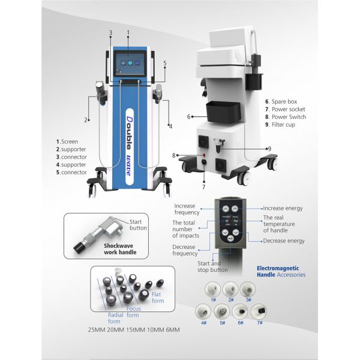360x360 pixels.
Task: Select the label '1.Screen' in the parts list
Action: coord(69,142)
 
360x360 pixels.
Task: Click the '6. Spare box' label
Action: coord(284,101)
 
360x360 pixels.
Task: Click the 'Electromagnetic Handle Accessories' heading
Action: coord(280,271)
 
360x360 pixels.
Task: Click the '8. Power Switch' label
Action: coord(285,116)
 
